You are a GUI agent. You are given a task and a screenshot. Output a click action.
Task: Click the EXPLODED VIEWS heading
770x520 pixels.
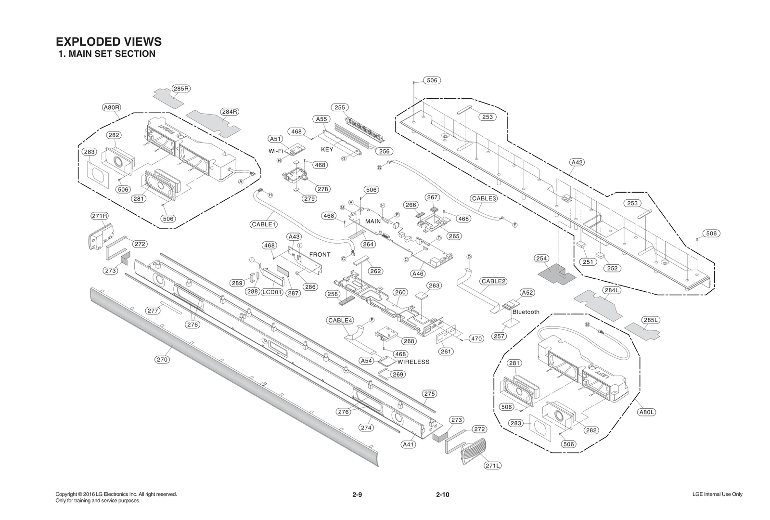coord(109,42)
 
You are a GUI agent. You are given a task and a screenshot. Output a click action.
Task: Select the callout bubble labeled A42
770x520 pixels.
coord(577,162)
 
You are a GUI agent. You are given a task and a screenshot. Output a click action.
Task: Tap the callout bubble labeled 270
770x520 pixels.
coord(163,359)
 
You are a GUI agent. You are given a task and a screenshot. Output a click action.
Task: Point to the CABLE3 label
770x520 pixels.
coord(484,198)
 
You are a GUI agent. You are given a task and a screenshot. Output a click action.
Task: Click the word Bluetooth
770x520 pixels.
coord(526,312)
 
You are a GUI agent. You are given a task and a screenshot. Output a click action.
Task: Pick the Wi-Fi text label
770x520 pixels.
coord(276,151)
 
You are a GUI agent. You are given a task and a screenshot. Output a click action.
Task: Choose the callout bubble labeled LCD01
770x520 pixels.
coord(271,292)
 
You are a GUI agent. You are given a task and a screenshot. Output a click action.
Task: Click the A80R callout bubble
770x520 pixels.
coord(112,107)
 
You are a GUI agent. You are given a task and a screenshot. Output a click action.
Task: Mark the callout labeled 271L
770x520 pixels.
coord(493,466)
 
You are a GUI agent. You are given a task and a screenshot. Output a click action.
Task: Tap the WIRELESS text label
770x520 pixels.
coord(413,362)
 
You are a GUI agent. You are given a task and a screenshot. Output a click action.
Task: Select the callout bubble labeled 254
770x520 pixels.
coord(541,259)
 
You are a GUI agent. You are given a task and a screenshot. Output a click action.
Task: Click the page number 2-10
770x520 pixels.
coord(442,494)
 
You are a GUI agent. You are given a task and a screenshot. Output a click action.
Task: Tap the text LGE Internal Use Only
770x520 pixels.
coord(717,494)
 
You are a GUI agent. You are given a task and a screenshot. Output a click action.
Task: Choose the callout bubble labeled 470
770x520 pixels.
coord(476,338)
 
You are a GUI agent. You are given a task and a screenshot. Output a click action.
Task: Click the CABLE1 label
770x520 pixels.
coord(264,224)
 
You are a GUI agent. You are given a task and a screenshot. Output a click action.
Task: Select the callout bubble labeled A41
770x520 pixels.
coord(408,444)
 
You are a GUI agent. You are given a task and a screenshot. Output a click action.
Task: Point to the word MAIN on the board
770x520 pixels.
coord(373,221)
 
